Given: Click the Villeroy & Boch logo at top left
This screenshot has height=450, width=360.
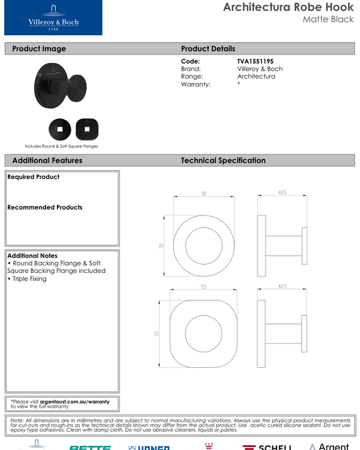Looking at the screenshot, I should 53,18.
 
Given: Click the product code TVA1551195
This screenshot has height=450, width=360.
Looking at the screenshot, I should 255,61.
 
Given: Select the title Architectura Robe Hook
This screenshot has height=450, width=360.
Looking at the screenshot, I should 288,7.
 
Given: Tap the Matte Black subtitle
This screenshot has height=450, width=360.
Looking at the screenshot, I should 328,20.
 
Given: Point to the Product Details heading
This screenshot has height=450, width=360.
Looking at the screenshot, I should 208,49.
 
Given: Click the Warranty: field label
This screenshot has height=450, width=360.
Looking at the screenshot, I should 196,85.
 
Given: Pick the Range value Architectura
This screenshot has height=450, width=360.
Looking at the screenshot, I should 256,77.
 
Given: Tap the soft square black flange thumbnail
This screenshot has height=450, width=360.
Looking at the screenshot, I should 87,128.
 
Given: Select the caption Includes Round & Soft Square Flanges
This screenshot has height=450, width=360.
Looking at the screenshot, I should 61,146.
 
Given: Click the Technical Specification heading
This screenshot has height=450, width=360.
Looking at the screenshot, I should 223,160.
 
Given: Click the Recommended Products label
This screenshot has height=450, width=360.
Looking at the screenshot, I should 45,208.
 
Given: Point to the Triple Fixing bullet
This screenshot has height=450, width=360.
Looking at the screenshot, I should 28,279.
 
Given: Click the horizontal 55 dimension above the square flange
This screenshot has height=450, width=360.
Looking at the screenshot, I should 203,287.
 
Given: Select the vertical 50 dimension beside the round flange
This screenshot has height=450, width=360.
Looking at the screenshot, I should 161,245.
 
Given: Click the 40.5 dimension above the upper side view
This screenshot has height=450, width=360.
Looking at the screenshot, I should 281,193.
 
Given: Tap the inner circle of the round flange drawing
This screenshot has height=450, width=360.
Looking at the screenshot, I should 203,245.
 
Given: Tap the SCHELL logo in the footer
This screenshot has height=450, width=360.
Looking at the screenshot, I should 267,447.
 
